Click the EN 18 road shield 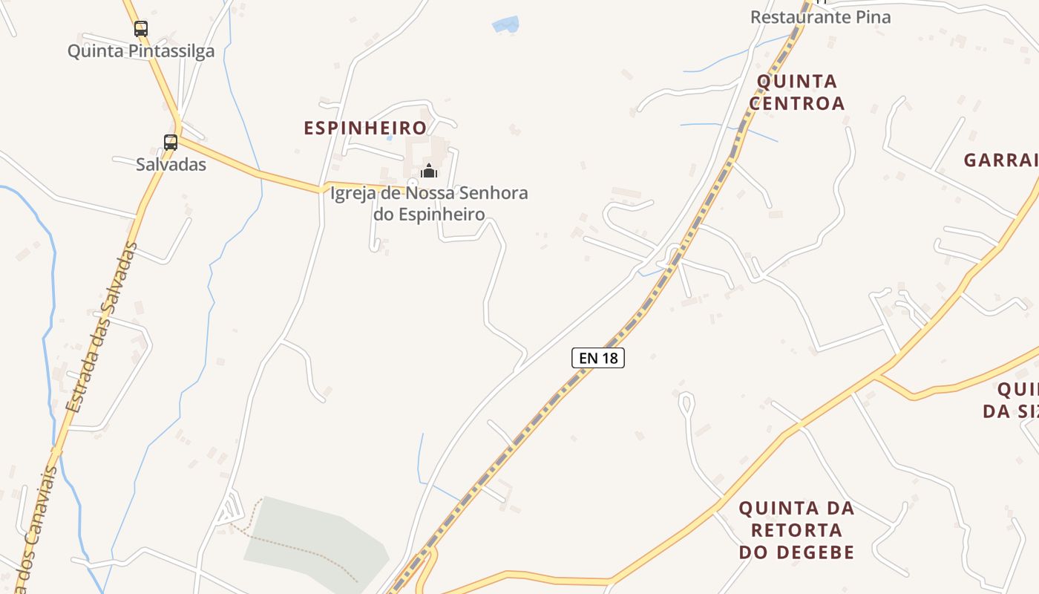point(598,358)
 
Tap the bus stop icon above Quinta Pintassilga point(141,29)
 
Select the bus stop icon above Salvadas point(171,142)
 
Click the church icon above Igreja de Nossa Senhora point(429,172)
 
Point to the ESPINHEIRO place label point(365,128)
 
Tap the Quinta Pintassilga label point(141,51)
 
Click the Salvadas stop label point(171,164)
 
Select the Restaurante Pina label point(820,17)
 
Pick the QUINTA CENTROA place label point(797,92)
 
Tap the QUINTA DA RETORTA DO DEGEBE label point(797,530)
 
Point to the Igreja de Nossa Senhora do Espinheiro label point(429,204)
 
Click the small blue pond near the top point(505,25)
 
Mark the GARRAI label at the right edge point(1000,160)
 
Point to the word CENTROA point(797,103)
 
